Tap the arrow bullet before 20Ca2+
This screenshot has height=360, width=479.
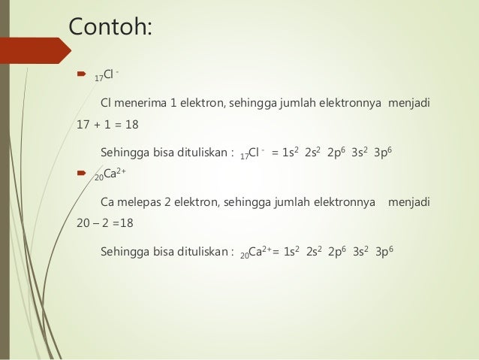click(x=82, y=176)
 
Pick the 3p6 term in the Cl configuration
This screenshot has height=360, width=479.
click(x=383, y=152)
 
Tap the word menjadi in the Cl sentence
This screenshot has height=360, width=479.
click(x=412, y=101)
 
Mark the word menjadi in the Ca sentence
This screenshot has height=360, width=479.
click(x=416, y=201)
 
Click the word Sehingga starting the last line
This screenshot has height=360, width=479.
click(x=125, y=252)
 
